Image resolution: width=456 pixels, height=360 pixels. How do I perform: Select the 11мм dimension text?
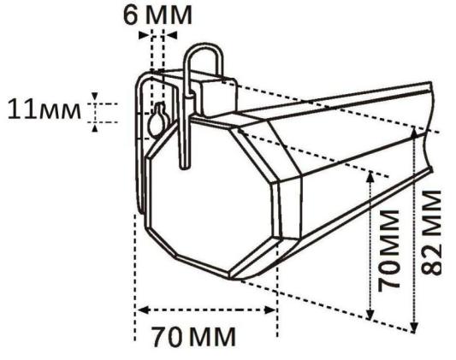tap(44, 110)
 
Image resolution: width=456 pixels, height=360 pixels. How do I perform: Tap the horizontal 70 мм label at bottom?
tap(193, 337)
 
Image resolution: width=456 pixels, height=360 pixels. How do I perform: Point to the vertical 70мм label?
tap(388, 250)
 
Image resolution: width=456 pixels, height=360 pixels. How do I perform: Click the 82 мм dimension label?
tap(431, 233)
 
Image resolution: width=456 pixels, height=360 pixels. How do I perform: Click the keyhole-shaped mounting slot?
tap(158, 121)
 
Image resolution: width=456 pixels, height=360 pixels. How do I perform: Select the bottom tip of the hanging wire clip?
tap(185, 167)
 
